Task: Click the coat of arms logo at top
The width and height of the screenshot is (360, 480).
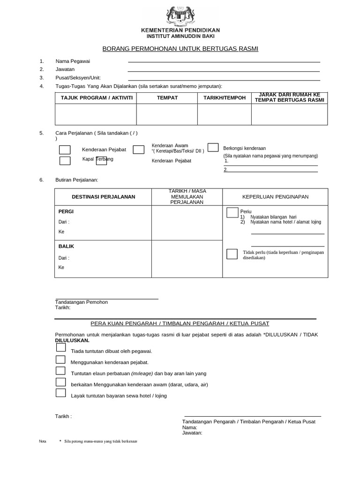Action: (x=180, y=16)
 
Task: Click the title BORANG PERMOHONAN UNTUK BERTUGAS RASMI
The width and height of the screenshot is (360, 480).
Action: (x=180, y=49)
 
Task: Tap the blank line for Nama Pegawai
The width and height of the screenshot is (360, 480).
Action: (x=224, y=61)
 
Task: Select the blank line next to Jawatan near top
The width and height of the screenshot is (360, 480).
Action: (x=224, y=71)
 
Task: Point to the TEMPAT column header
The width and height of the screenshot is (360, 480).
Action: (x=167, y=97)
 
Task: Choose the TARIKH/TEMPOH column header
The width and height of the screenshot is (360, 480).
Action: (x=224, y=97)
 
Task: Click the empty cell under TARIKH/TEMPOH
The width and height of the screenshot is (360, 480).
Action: (x=224, y=114)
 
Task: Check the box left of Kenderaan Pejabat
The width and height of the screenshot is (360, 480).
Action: (x=65, y=150)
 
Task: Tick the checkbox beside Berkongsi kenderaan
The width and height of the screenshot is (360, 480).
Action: (x=213, y=148)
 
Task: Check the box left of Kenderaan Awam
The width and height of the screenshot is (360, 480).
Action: (x=138, y=150)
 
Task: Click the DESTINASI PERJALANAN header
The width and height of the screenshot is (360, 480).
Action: (x=103, y=197)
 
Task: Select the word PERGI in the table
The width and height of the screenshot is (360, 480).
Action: (x=66, y=211)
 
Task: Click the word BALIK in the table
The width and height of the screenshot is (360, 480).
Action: (x=66, y=246)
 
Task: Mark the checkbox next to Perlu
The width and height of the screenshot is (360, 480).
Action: (x=232, y=213)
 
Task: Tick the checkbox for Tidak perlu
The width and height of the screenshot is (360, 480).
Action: (x=232, y=254)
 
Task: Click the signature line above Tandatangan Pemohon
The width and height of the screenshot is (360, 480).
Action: (x=106, y=299)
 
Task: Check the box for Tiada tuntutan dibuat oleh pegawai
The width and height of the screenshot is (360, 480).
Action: (x=60, y=347)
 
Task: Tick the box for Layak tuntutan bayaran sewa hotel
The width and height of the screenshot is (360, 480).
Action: (x=60, y=393)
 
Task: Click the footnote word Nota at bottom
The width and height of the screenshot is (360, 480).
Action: (x=42, y=442)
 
